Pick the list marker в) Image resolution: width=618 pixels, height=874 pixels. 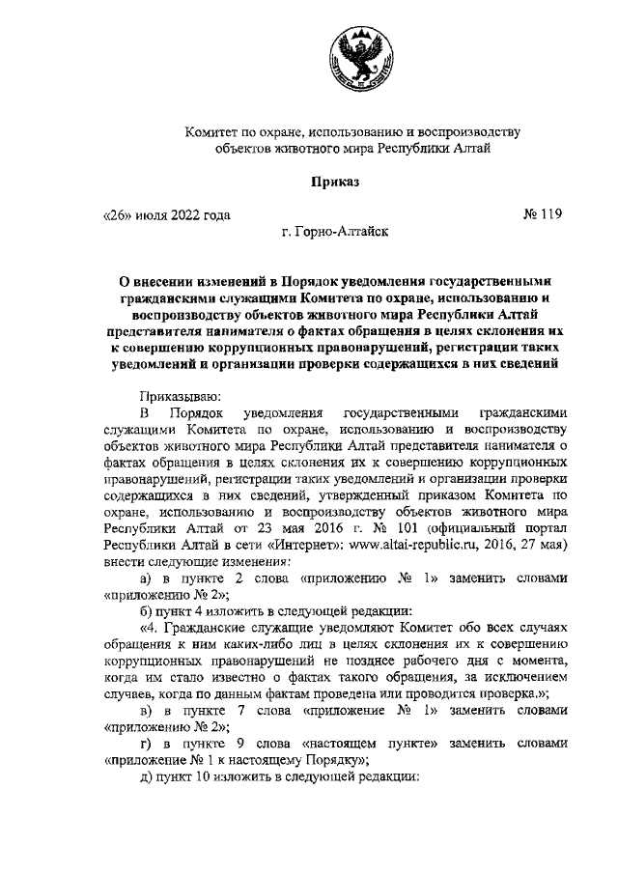[146, 712]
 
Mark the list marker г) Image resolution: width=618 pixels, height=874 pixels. [146, 746]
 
